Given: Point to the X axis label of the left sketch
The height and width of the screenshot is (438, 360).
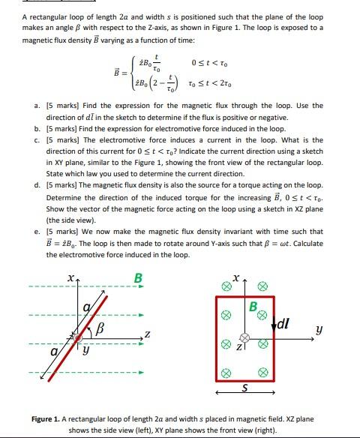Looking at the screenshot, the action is [70, 279].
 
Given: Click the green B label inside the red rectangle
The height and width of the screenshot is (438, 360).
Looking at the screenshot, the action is [253, 307].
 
